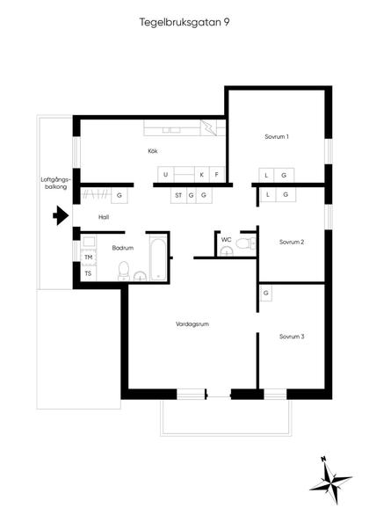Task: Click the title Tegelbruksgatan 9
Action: (x=184, y=22)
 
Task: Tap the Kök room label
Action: (x=153, y=151)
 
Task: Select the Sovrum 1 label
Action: (x=277, y=136)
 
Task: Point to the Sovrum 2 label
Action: (x=292, y=242)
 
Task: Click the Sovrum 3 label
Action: (x=292, y=337)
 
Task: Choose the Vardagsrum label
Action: (x=192, y=324)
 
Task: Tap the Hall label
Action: (x=104, y=217)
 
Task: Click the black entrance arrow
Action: (x=61, y=215)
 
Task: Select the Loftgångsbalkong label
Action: (x=54, y=183)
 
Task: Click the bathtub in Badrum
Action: (x=158, y=257)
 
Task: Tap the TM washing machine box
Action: (x=89, y=257)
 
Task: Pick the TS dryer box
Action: (x=89, y=273)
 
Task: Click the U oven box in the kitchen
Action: (x=166, y=175)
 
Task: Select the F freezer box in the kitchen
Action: (x=217, y=175)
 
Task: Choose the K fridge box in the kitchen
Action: (x=202, y=175)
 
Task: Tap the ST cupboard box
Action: (x=178, y=195)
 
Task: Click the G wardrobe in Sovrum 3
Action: (x=265, y=294)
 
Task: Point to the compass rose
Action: (x=330, y=481)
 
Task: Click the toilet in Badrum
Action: (x=124, y=271)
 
